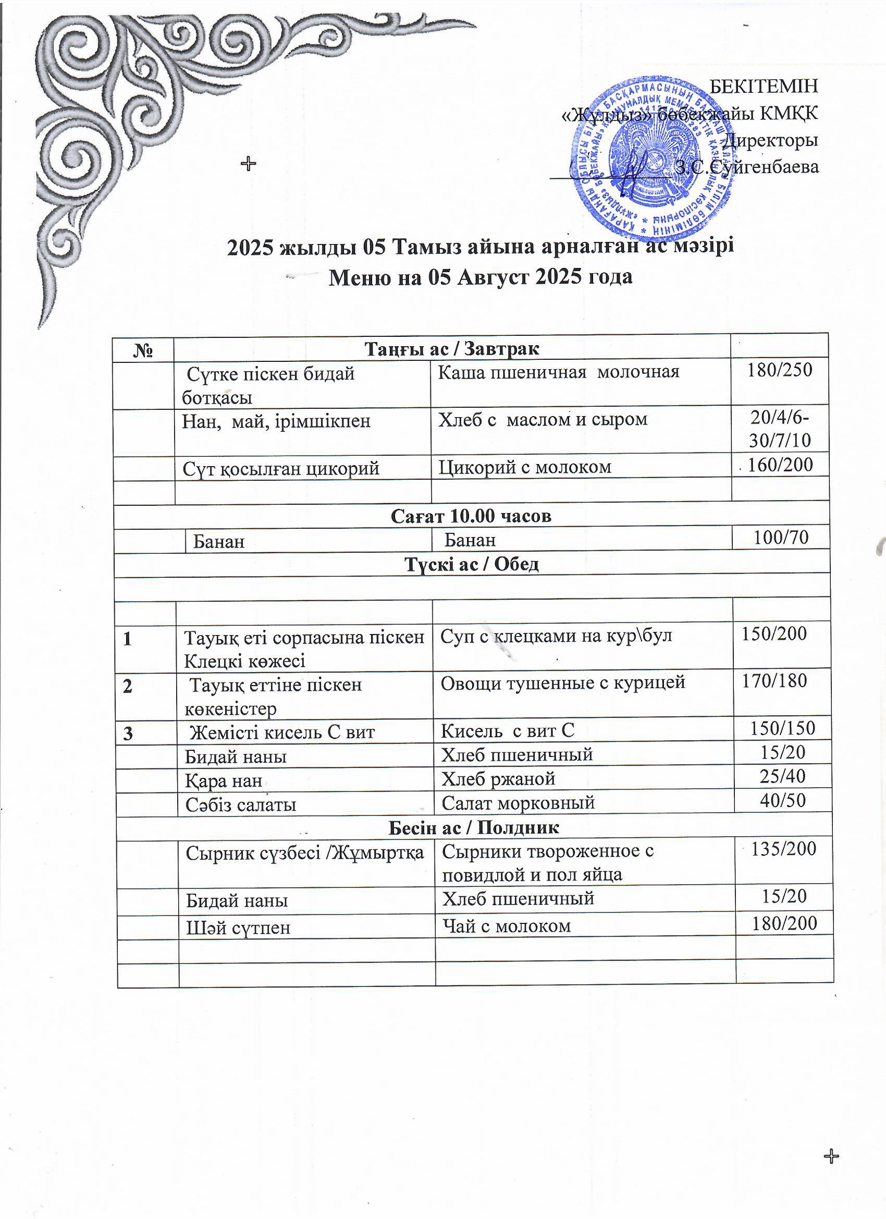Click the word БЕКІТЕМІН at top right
pos(764,86)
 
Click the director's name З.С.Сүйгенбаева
pos(747,167)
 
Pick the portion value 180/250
pos(780,370)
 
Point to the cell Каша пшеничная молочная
pos(558,372)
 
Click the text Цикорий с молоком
pos(525,467)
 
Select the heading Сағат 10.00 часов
pos(471,516)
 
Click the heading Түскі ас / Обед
pos(471,564)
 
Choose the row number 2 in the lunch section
pos(128,687)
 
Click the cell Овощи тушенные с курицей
pos(563,682)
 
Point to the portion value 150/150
pos(782,728)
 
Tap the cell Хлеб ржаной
pos(498,778)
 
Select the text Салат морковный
pos(518,802)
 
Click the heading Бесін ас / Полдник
pos(473,827)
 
